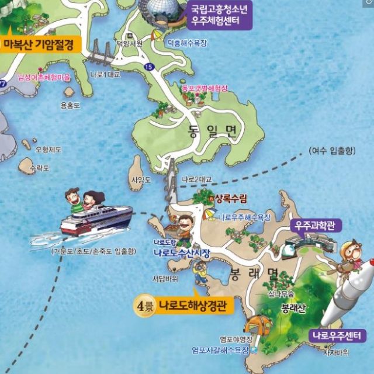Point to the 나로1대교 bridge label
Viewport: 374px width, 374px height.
pyautogui.click(x=103, y=74)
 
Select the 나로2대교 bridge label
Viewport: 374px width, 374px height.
pyautogui.click(x=197, y=179)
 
